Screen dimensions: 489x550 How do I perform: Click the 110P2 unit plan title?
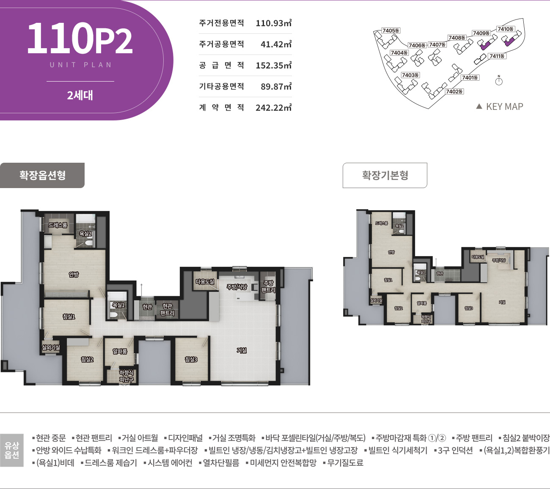[80, 39]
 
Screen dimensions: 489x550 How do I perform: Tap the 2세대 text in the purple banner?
[80, 95]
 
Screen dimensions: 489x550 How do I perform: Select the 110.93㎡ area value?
[273, 23]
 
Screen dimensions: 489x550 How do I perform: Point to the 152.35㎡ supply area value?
[273, 66]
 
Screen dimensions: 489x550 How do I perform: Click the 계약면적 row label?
[221, 107]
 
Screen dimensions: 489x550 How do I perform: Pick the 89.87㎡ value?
[276, 87]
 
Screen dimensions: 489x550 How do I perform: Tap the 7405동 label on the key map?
[390, 30]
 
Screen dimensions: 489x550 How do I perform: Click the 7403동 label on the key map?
[410, 75]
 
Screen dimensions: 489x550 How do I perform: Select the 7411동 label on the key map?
[497, 56]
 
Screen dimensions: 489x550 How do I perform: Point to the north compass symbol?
[499, 81]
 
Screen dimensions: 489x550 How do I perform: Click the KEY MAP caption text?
[504, 107]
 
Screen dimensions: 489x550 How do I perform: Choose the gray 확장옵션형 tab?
[42, 175]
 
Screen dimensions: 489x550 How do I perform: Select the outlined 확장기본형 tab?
[385, 175]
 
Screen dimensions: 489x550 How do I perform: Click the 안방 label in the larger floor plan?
[74, 275]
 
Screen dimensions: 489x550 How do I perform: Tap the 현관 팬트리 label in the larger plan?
[168, 309]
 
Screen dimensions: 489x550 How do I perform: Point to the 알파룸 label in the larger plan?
[120, 351]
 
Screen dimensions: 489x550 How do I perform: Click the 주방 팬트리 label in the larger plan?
[268, 287]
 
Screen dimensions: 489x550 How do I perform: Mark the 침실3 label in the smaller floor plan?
[468, 308]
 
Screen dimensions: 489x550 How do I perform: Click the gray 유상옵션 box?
[12, 450]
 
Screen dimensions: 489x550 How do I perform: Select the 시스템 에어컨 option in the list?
[170, 463]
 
